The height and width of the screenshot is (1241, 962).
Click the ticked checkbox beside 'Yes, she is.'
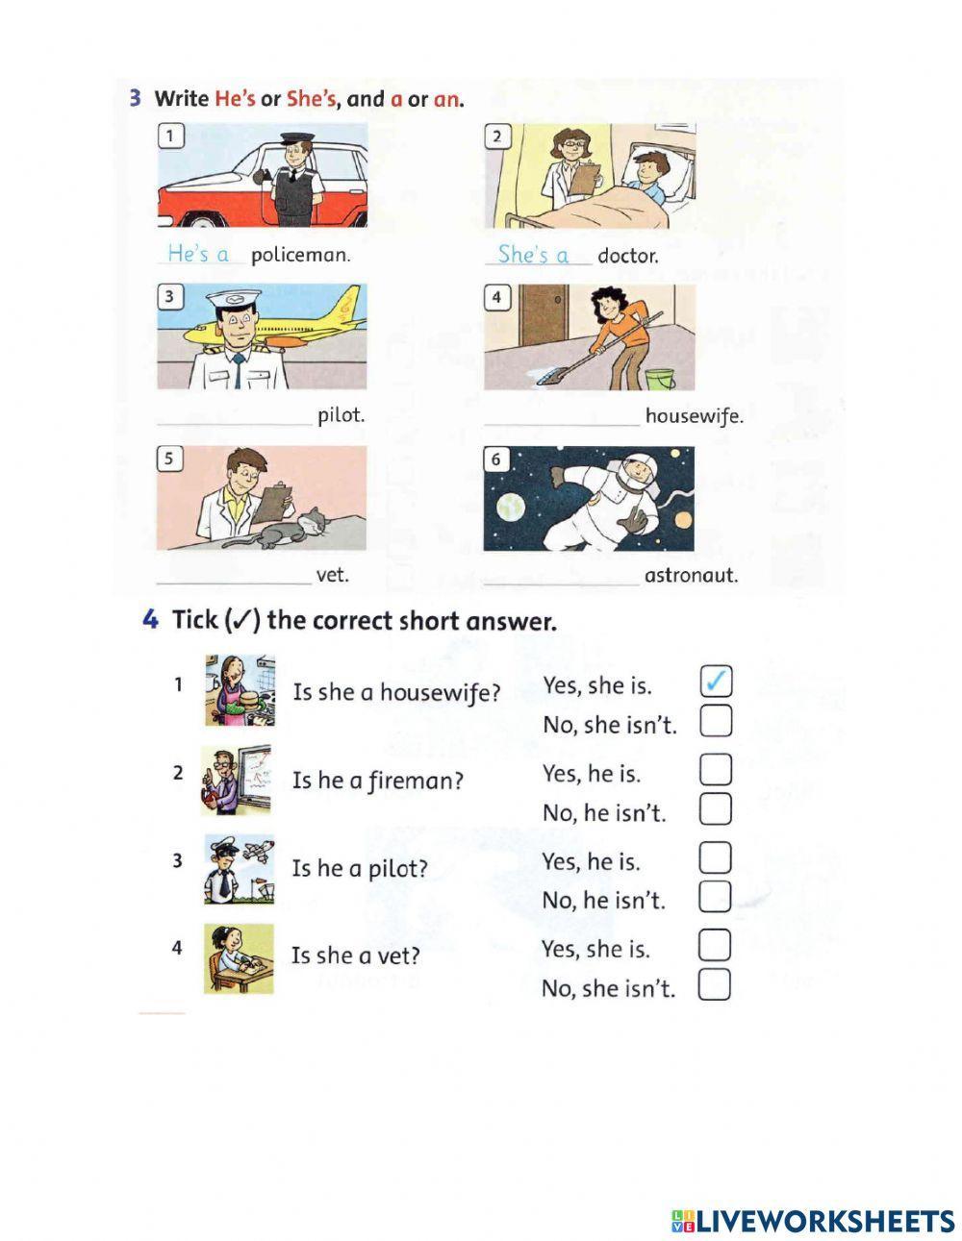tap(716, 681)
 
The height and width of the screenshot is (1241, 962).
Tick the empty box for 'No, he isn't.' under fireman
tap(715, 808)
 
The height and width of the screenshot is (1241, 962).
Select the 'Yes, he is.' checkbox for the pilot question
tap(715, 858)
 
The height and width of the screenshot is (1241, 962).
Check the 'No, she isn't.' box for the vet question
tap(714, 984)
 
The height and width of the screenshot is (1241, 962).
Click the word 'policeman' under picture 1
tap(300, 255)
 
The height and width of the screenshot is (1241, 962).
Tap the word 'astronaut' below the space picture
tap(690, 576)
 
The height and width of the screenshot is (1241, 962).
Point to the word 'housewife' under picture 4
tap(694, 416)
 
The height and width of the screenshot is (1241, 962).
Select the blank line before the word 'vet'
tap(234, 583)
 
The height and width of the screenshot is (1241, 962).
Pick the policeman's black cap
tap(297, 138)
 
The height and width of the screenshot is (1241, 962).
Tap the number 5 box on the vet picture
tap(169, 459)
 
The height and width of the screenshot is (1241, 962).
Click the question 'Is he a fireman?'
tap(378, 781)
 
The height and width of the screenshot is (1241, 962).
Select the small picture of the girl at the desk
tap(239, 959)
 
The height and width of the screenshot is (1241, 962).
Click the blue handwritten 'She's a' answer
tap(534, 255)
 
